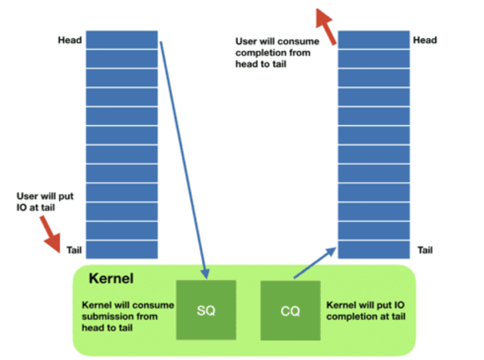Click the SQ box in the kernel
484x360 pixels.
(x=205, y=310)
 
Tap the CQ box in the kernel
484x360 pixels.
(x=290, y=311)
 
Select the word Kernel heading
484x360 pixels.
(x=111, y=279)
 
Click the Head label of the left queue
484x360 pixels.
(x=69, y=40)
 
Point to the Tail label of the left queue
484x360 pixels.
(x=74, y=249)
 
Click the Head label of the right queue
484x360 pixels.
(x=425, y=40)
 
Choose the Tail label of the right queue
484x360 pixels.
(x=425, y=249)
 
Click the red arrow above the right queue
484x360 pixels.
(x=327, y=26)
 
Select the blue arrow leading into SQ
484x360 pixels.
(x=183, y=158)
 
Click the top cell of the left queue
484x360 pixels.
(x=122, y=39)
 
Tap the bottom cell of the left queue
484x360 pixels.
(x=122, y=249)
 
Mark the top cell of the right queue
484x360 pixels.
(x=373, y=39)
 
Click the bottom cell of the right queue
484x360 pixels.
(x=373, y=249)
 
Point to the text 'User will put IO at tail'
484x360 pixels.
(x=45, y=201)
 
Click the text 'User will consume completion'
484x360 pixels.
(x=277, y=52)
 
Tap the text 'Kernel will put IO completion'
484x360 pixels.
(x=366, y=311)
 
